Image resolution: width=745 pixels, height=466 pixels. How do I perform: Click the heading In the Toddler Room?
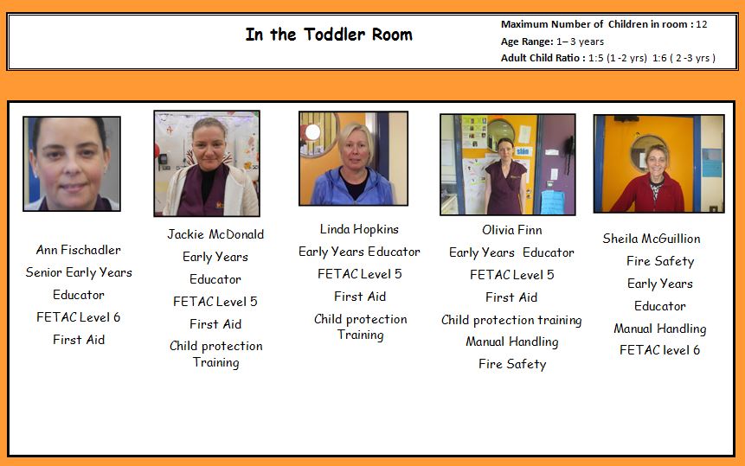pyautogui.click(x=329, y=35)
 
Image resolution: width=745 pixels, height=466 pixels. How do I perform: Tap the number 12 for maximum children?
pyautogui.click(x=701, y=24)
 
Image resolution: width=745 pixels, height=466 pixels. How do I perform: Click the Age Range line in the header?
pyautogui.click(x=552, y=41)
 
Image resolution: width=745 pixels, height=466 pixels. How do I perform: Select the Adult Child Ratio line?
pyautogui.click(x=607, y=58)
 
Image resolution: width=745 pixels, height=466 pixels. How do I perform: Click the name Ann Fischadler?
pyautogui.click(x=79, y=250)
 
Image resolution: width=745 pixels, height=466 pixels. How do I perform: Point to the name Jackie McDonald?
pyautogui.click(x=215, y=234)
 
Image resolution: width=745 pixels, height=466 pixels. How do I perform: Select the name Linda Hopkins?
pyautogui.click(x=359, y=229)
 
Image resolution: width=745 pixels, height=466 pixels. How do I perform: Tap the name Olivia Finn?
pyautogui.click(x=511, y=230)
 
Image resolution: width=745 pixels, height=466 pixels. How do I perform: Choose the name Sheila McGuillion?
pyautogui.click(x=652, y=239)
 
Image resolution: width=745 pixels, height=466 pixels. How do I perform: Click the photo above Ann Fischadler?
pyautogui.click(x=72, y=163)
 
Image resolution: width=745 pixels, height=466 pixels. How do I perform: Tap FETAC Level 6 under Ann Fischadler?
pyautogui.click(x=79, y=317)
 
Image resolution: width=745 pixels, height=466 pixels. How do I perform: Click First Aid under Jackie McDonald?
pyautogui.click(x=215, y=324)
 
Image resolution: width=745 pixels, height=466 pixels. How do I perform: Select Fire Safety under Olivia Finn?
pyautogui.click(x=512, y=364)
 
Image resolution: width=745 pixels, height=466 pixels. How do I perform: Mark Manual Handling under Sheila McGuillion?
pyautogui.click(x=660, y=329)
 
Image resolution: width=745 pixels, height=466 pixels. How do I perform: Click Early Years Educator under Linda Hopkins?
pyautogui.click(x=359, y=252)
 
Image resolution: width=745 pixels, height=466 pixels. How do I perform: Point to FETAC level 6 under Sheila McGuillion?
pyautogui.click(x=660, y=350)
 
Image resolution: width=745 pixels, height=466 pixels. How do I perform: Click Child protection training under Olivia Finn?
pyautogui.click(x=511, y=320)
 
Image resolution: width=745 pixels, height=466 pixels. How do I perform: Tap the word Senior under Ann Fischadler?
pyautogui.click(x=45, y=272)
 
